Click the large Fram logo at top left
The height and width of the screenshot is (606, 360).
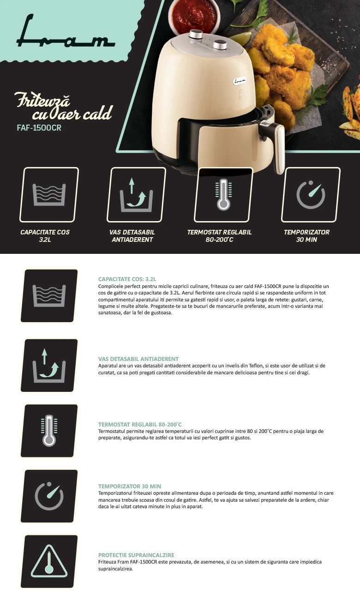(x=66, y=32)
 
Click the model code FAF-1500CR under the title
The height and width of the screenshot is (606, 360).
(x=39, y=128)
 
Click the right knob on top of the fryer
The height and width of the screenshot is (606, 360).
(x=220, y=45)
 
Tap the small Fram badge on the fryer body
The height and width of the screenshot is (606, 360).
(x=240, y=81)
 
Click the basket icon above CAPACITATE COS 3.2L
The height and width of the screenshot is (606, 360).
(x=49, y=195)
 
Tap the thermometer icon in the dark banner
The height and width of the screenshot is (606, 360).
(x=223, y=195)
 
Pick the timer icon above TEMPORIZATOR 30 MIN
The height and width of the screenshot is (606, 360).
(x=311, y=195)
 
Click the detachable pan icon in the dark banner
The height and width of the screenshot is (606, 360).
(x=136, y=195)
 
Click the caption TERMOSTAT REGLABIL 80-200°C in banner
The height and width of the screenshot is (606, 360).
(x=219, y=236)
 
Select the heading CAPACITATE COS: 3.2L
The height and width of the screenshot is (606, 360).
(x=127, y=279)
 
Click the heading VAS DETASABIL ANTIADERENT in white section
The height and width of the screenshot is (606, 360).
(x=138, y=359)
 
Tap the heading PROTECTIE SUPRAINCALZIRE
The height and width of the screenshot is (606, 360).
(x=136, y=555)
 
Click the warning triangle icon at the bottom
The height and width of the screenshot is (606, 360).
(x=49, y=561)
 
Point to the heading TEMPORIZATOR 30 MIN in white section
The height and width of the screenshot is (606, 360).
(x=130, y=486)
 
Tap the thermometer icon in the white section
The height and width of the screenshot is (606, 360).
(x=49, y=431)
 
